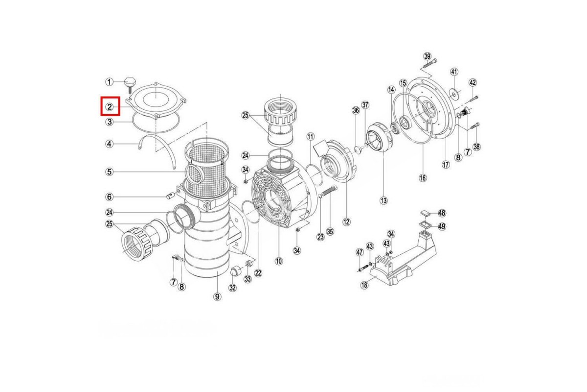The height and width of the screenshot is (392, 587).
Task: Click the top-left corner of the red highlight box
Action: click(x=101, y=97)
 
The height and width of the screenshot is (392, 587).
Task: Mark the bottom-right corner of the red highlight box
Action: click(x=119, y=115)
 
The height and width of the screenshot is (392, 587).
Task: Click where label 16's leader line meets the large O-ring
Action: click(x=424, y=144)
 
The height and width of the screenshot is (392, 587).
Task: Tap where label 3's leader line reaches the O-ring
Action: click(x=133, y=122)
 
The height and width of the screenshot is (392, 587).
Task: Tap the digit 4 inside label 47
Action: click(x=358, y=252)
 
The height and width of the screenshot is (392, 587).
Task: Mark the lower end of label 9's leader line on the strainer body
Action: click(x=218, y=272)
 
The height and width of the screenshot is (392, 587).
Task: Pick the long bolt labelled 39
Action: click(x=430, y=63)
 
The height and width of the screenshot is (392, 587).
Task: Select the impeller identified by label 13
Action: click(x=379, y=137)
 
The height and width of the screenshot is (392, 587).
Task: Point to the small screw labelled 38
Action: click(x=475, y=126)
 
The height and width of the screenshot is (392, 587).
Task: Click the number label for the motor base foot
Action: click(x=365, y=285)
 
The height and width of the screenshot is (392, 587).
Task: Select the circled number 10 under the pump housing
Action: click(x=279, y=261)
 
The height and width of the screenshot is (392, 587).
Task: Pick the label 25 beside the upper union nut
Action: click(x=245, y=116)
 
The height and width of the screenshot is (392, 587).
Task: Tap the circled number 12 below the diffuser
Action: click(x=346, y=222)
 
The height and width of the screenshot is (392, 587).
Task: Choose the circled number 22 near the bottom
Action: click(x=258, y=273)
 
